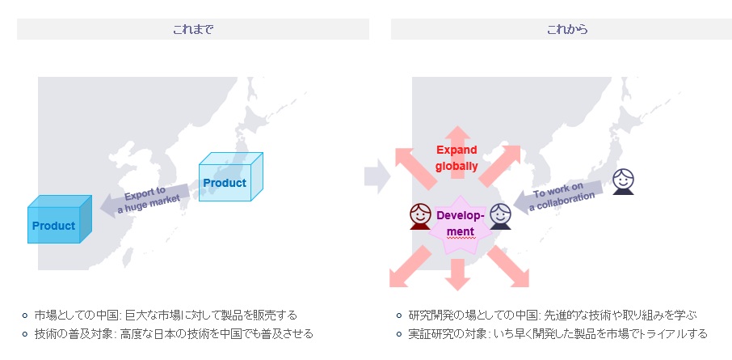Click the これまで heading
pyautogui.click(x=192, y=29)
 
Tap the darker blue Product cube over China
pyautogui.click(x=59, y=221)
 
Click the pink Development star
pyautogui.click(x=460, y=222)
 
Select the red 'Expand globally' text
pyautogui.click(x=456, y=158)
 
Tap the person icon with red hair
pyautogui.click(x=420, y=216)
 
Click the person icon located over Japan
pyautogui.click(x=622, y=182)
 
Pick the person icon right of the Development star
pyautogui.click(x=501, y=216)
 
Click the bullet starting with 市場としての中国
pyautogui.click(x=166, y=315)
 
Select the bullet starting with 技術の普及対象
pyautogui.click(x=174, y=333)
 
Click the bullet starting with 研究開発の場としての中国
pyautogui.click(x=553, y=315)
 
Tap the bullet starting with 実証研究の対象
pyautogui.click(x=557, y=333)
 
